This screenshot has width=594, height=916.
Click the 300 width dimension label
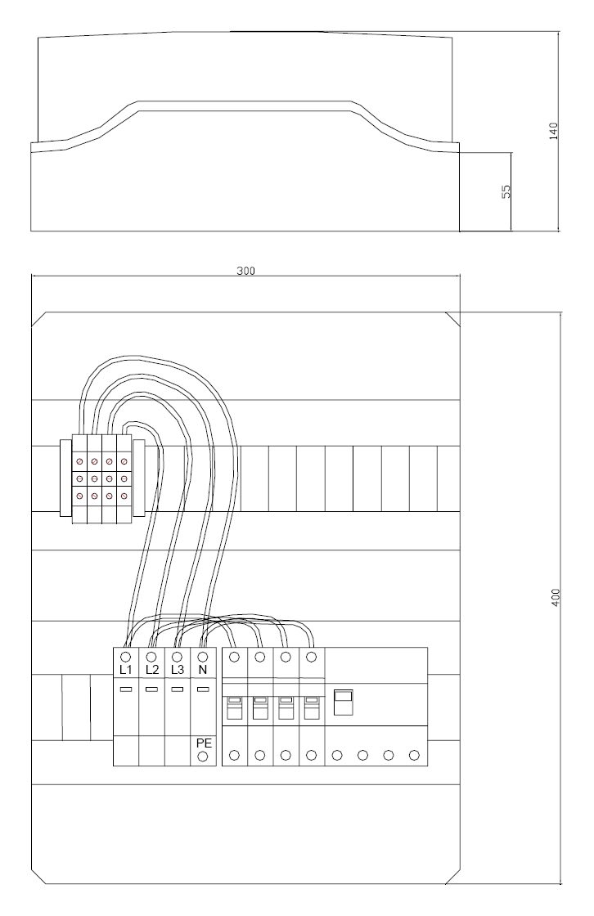[x=245, y=271]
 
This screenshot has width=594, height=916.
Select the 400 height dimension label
[x=556, y=597]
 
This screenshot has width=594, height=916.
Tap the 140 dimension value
[x=554, y=130]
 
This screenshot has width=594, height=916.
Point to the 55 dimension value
[x=506, y=191]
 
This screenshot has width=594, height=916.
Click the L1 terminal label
[x=126, y=670]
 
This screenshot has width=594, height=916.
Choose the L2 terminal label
[x=152, y=670]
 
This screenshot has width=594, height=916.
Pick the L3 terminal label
[x=178, y=670]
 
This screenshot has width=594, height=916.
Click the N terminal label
[x=203, y=670]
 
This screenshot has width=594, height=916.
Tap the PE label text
[x=204, y=743]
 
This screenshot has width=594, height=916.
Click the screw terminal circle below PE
[x=204, y=757]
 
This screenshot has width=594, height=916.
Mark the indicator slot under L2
[x=151, y=690]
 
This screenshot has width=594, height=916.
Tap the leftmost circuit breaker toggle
[x=235, y=707]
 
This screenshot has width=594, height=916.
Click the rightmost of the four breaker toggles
[x=312, y=707]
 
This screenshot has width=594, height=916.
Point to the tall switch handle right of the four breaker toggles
[x=343, y=703]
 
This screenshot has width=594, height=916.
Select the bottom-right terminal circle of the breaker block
[x=414, y=756]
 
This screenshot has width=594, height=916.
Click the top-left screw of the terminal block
[x=79, y=461]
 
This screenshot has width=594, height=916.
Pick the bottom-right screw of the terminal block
[x=124, y=496]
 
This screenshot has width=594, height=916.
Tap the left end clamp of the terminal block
[x=65, y=478]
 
